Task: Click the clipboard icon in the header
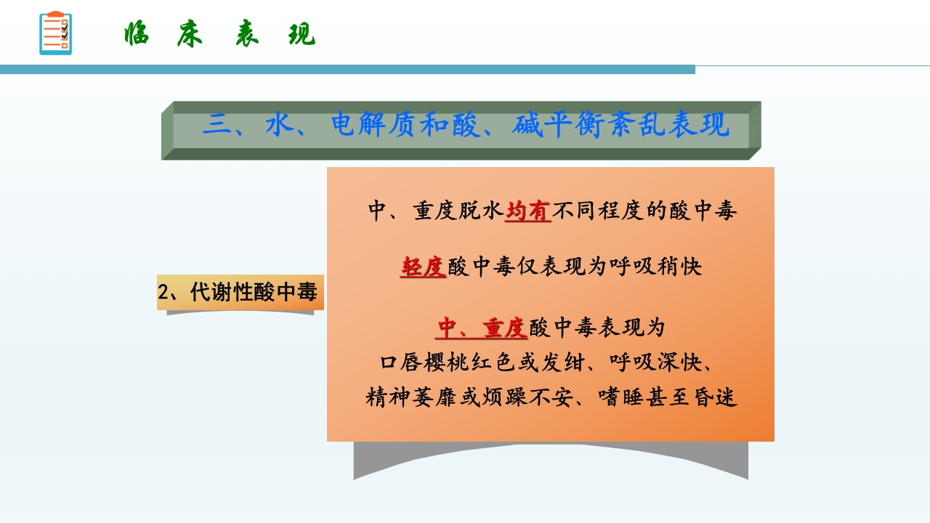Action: click(x=55, y=33)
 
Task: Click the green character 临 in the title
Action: click(x=136, y=34)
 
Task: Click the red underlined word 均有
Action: click(x=528, y=211)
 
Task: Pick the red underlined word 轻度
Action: click(x=423, y=267)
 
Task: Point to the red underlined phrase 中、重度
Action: click(x=482, y=328)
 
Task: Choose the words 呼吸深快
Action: click(x=656, y=362)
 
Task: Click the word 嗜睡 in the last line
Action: click(x=623, y=398)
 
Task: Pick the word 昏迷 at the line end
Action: click(x=716, y=398)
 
